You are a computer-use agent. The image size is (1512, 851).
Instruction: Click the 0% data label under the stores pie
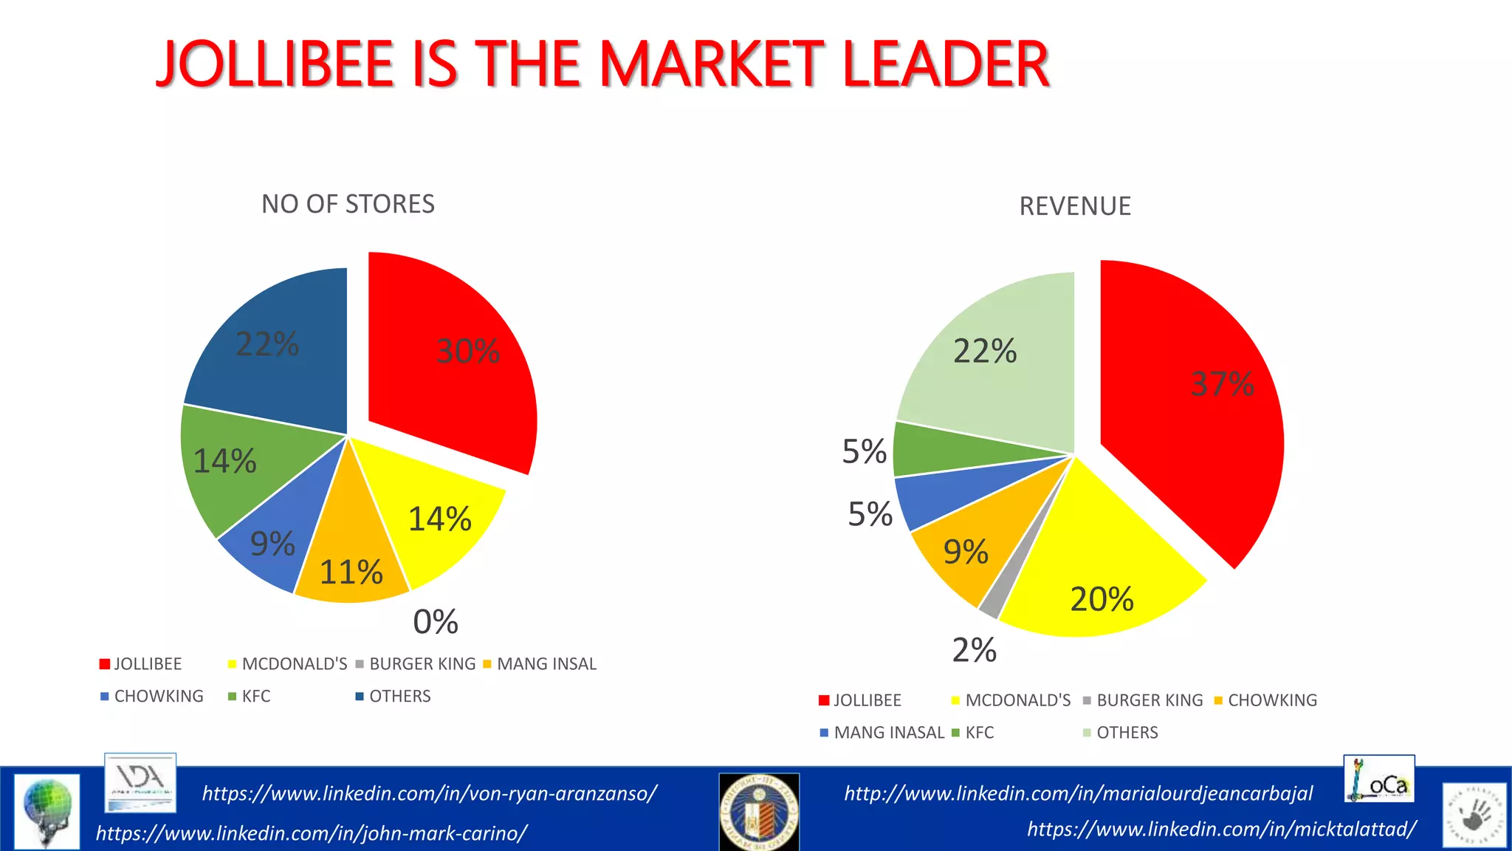pos(436,622)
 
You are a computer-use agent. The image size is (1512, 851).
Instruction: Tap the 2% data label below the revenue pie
pos(974,650)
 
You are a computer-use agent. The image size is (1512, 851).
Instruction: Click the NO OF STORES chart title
pos(348,204)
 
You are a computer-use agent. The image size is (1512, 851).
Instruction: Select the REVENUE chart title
pos(1074,206)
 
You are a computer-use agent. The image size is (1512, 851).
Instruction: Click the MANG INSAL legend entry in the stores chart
pos(546,664)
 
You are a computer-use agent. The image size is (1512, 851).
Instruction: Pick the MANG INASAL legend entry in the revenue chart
pos(888,733)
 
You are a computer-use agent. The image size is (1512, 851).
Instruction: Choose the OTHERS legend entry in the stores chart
pos(399,697)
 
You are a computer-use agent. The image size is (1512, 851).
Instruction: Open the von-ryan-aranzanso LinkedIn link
pos(429,793)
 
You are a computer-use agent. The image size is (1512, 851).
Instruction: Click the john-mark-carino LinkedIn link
pos(311,833)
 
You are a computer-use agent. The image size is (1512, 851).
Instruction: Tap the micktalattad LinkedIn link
pos(1221,830)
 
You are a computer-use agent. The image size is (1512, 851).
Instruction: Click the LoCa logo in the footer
pos(1378,779)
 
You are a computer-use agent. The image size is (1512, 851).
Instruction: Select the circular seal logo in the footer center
pos(759,812)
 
